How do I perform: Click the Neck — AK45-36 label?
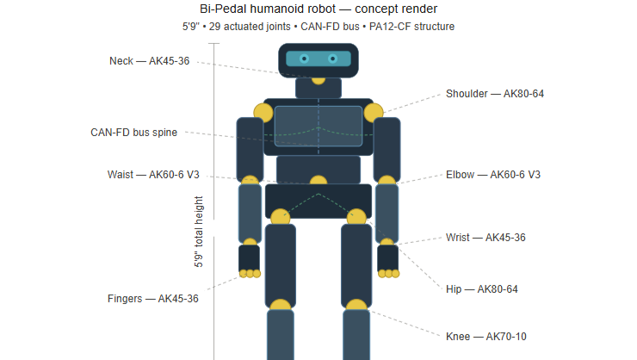pyautogui.click(x=149, y=61)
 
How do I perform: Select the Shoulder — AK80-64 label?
pyautogui.click(x=495, y=94)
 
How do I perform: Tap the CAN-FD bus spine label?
pyautogui.click(x=133, y=133)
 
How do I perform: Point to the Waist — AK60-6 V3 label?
pyautogui.click(x=153, y=175)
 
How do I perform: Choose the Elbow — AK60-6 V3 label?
pyautogui.click(x=493, y=175)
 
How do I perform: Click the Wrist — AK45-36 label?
pyautogui.click(x=485, y=238)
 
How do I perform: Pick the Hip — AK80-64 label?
pyautogui.click(x=482, y=289)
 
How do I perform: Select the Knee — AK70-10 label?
pyautogui.click(x=485, y=337)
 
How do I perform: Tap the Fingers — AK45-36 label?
pyautogui.click(x=152, y=299)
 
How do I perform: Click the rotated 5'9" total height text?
pyautogui.click(x=198, y=232)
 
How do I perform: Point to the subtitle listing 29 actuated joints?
pyautogui.click(x=318, y=27)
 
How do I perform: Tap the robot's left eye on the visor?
pyautogui.click(x=304, y=59)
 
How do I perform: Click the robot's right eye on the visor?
pyautogui.click(x=333, y=59)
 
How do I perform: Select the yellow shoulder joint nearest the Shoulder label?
pyautogui.click(x=374, y=113)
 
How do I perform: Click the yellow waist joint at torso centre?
pyautogui.click(x=318, y=180)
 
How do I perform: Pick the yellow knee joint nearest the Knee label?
pyautogui.click(x=356, y=305)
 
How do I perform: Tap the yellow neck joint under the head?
pyautogui.click(x=318, y=80)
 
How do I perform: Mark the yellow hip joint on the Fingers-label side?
pyautogui.click(x=281, y=217)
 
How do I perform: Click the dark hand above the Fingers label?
pyautogui.click(x=249, y=258)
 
